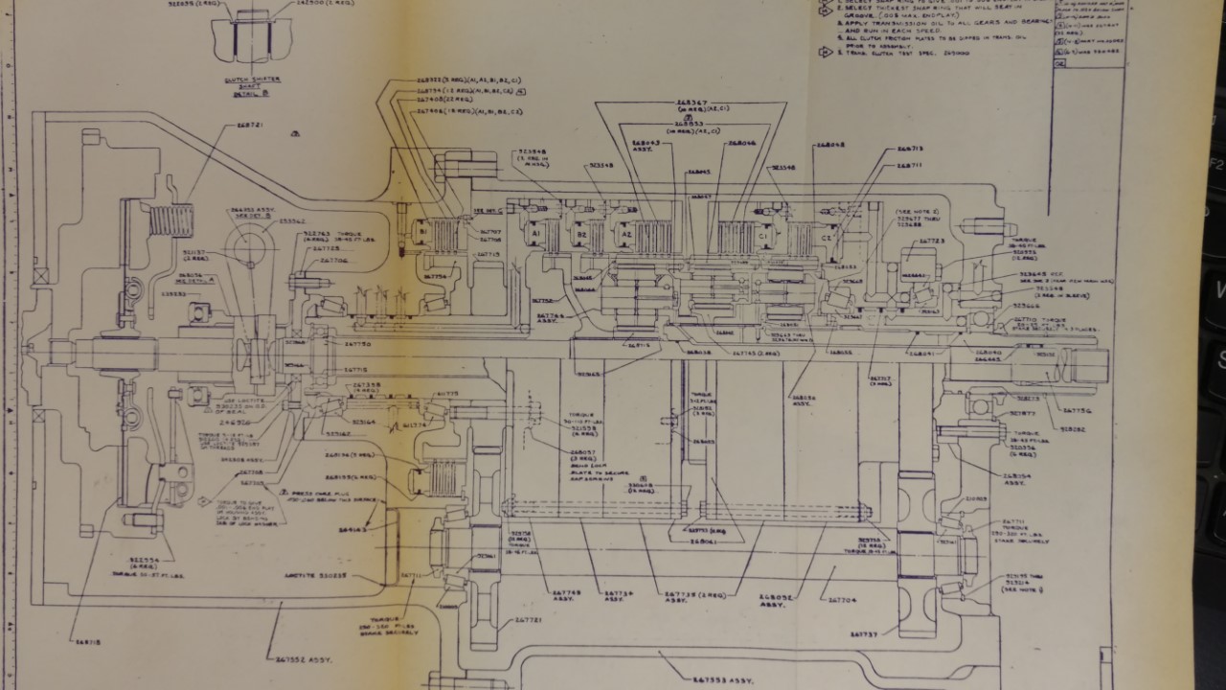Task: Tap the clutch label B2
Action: tap(580, 235)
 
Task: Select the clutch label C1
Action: tap(762, 234)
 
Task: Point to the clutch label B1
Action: tap(422, 231)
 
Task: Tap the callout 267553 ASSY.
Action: tap(719, 678)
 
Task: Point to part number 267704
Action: tap(842, 601)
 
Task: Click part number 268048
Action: tap(829, 147)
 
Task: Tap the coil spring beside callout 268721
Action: tap(173, 221)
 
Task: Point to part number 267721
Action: tap(529, 621)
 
